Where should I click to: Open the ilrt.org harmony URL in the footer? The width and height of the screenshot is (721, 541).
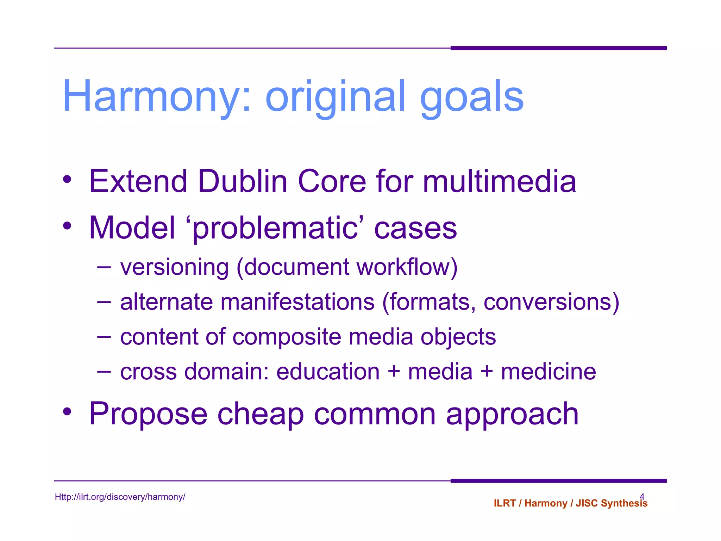[120, 497]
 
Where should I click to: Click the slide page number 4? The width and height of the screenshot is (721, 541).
[642, 496]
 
